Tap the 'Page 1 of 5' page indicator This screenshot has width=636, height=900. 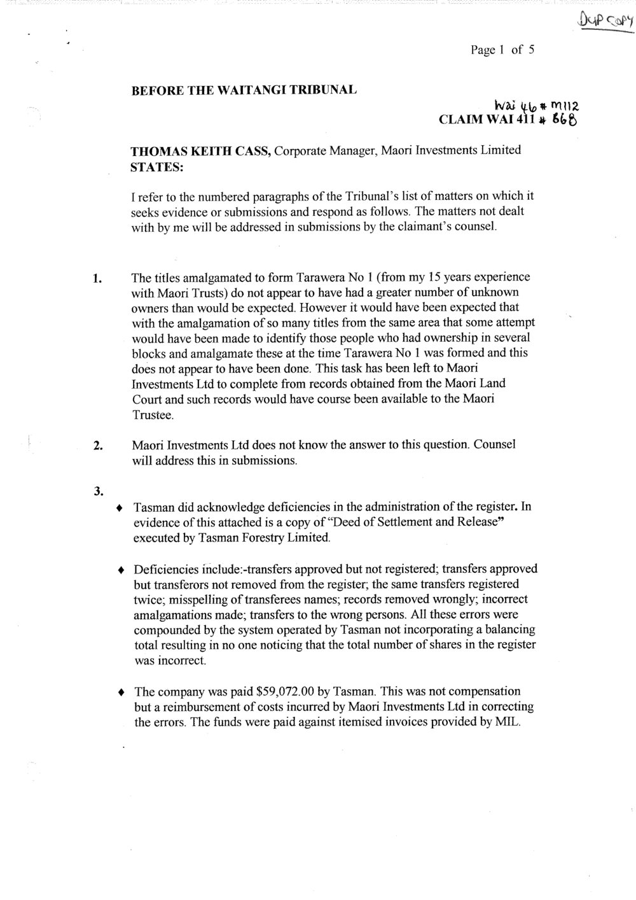tap(502, 49)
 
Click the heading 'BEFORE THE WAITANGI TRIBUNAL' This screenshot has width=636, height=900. tap(244, 90)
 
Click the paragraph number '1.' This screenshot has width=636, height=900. tap(97, 279)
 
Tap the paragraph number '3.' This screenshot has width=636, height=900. tap(98, 491)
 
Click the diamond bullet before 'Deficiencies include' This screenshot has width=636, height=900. tap(120, 570)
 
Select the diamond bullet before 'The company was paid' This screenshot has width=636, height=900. tap(120, 692)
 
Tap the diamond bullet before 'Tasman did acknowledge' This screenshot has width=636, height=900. tap(120, 509)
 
